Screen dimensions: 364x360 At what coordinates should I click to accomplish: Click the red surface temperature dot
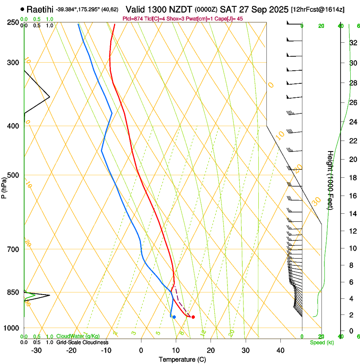click(x=193, y=317)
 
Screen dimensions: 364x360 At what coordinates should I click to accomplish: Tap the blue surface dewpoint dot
click(x=174, y=317)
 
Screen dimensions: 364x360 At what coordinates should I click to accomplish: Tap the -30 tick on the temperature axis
click(x=36, y=350)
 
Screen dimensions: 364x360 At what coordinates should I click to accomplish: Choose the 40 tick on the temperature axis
click(x=280, y=350)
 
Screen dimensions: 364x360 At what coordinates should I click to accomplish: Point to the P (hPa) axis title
click(x=4, y=187)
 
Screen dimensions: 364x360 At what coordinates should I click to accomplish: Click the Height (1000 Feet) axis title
click(x=330, y=180)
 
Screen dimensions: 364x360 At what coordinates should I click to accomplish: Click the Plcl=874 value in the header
click(x=132, y=19)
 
